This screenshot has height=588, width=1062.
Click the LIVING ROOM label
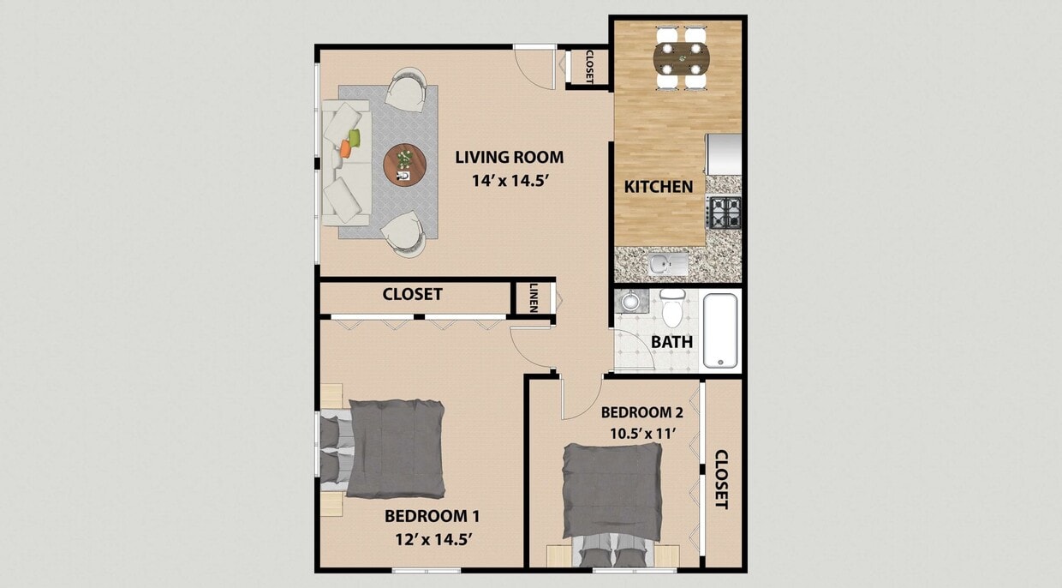click(x=509, y=157)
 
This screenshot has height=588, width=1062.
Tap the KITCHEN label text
click(x=658, y=186)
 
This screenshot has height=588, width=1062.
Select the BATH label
click(x=671, y=342)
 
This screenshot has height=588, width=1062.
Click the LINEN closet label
click(x=534, y=297)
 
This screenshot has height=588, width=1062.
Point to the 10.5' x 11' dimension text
click(x=641, y=433)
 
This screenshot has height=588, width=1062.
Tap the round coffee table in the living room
click(x=403, y=164)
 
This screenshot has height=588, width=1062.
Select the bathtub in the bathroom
click(x=721, y=331)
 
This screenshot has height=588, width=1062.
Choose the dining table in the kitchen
click(x=682, y=59)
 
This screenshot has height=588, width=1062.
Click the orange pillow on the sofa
click(x=344, y=148)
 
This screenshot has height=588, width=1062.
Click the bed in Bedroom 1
click(x=394, y=449)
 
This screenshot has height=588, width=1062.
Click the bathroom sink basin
click(x=631, y=301)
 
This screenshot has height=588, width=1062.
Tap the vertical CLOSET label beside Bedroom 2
click(x=721, y=479)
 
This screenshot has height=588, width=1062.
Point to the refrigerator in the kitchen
click(x=724, y=153)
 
